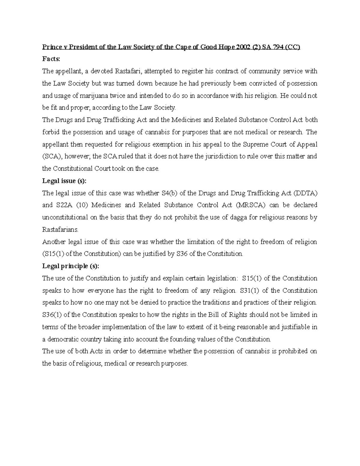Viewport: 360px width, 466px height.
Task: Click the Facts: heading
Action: click(x=51, y=59)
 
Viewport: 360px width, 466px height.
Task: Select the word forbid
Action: click(x=51, y=132)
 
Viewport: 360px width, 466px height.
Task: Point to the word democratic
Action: click(x=61, y=339)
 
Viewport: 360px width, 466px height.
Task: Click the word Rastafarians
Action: click(x=60, y=230)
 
